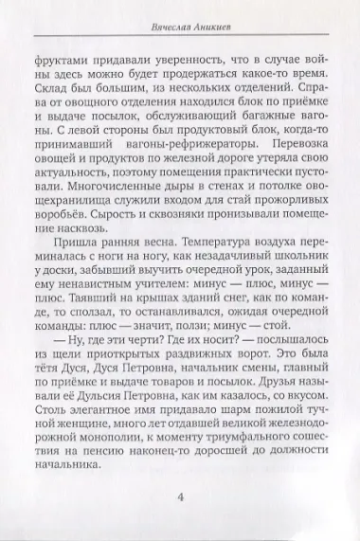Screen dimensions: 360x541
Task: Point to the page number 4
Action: (180, 496)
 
